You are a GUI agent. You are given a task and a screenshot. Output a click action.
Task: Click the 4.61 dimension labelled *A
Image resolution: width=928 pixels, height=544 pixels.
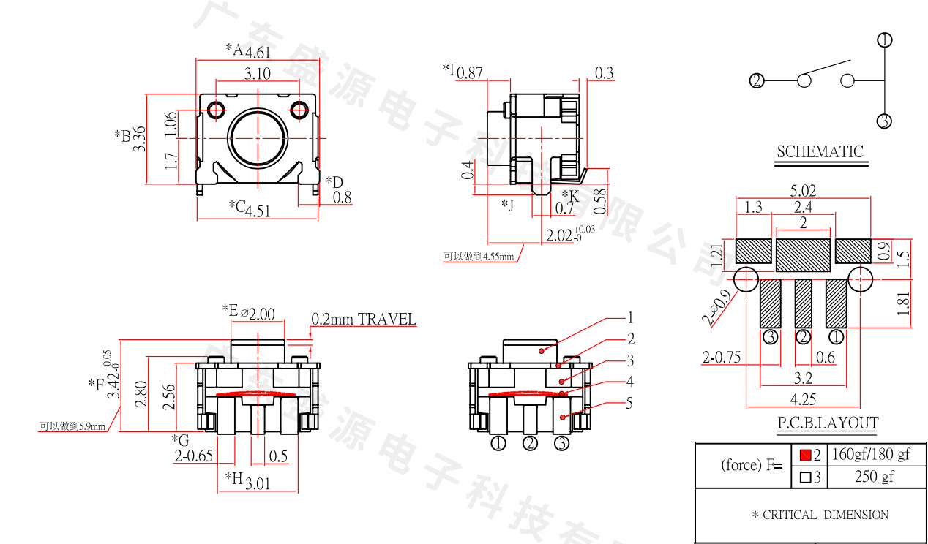click(258, 52)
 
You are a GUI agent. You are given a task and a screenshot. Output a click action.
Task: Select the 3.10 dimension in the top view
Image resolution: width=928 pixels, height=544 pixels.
click(258, 73)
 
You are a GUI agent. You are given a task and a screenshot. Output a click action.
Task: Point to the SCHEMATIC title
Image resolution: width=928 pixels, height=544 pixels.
click(820, 152)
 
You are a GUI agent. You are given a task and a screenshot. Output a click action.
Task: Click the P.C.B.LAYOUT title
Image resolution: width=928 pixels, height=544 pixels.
click(827, 423)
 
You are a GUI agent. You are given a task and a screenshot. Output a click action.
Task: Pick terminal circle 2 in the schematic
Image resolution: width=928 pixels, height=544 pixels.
click(757, 80)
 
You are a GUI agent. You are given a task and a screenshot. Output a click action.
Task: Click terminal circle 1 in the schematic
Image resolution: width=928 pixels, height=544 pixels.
click(885, 40)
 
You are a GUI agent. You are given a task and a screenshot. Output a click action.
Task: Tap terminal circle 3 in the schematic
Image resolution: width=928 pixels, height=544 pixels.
click(885, 121)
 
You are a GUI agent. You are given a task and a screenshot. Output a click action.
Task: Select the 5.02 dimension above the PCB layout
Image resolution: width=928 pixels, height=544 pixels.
click(803, 190)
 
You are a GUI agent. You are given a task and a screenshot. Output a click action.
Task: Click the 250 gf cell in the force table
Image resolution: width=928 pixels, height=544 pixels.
click(874, 477)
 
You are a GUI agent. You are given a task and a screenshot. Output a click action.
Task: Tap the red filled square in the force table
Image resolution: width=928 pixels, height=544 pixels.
click(805, 455)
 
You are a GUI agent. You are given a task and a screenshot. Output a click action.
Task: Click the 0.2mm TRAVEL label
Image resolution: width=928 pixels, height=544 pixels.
click(364, 320)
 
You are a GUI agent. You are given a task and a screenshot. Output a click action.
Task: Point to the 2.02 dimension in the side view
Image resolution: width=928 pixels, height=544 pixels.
click(560, 235)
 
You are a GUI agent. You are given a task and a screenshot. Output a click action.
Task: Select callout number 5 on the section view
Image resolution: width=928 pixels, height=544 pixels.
click(629, 403)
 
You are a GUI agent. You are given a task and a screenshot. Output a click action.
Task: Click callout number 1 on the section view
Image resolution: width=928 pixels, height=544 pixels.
click(629, 318)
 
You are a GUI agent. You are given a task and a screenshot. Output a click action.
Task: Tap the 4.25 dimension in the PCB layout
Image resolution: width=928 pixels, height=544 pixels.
click(803, 399)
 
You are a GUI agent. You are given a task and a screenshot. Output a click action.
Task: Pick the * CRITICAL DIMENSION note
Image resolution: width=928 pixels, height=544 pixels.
click(820, 515)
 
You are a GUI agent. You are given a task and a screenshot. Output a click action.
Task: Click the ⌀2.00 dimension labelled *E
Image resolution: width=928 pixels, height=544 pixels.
click(257, 314)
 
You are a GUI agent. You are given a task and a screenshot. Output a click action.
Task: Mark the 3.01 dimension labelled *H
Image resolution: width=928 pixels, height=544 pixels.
click(258, 483)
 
